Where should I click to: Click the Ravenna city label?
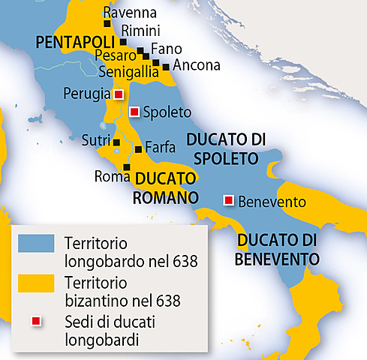pyautogui.click(x=130, y=13)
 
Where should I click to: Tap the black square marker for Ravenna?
pyautogui.click(x=107, y=24)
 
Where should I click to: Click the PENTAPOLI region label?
pyautogui.click(x=72, y=40)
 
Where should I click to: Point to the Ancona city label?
pyautogui.click(x=197, y=64)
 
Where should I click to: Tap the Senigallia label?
pyautogui.click(x=126, y=72)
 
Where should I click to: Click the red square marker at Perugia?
pyautogui.click(x=118, y=95)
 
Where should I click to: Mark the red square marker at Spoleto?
pyautogui.click(x=134, y=112)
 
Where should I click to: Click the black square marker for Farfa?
pyautogui.click(x=137, y=148)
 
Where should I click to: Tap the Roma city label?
pyautogui.click(x=108, y=177)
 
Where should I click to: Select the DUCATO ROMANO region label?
pyautogui.click(x=165, y=188)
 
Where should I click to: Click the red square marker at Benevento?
pyautogui.click(x=228, y=200)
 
